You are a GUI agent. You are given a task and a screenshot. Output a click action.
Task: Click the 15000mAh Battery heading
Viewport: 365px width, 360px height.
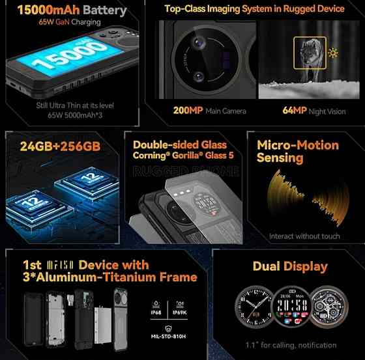(63, 10)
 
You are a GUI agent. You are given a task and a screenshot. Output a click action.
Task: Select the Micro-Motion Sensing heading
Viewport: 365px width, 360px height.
(298, 151)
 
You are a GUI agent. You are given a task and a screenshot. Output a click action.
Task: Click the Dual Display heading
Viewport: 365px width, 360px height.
(289, 266)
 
